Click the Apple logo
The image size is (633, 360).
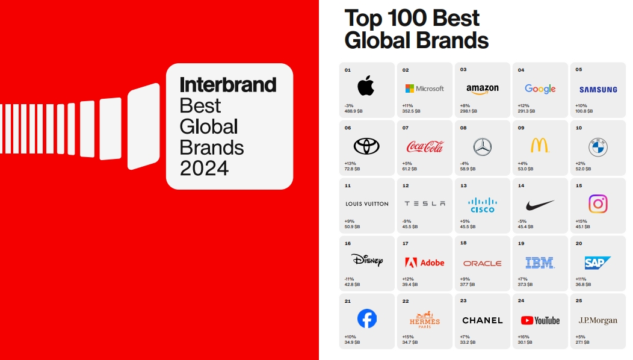click(366, 85)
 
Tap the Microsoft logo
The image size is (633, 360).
click(424, 88)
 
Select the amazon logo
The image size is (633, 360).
click(483, 89)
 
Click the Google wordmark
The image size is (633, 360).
click(540, 89)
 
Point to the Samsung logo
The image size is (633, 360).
click(598, 90)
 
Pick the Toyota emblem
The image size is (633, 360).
click(366, 146)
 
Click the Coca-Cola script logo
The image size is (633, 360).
click(425, 146)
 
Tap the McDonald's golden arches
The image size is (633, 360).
click(540, 146)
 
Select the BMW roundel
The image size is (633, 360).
click(598, 147)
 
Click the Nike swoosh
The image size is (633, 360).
click(540, 205)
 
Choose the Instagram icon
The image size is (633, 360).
click(598, 204)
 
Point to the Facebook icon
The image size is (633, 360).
click(367, 319)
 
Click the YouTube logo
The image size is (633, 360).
click(540, 320)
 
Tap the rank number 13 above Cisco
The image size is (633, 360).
click(463, 186)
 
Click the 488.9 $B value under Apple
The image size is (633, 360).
click(353, 111)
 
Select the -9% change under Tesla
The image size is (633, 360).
click(407, 222)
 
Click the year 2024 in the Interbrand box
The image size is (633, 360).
click(204, 168)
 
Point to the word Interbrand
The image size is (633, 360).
click(228, 85)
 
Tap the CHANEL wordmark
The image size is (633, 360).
click(483, 320)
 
